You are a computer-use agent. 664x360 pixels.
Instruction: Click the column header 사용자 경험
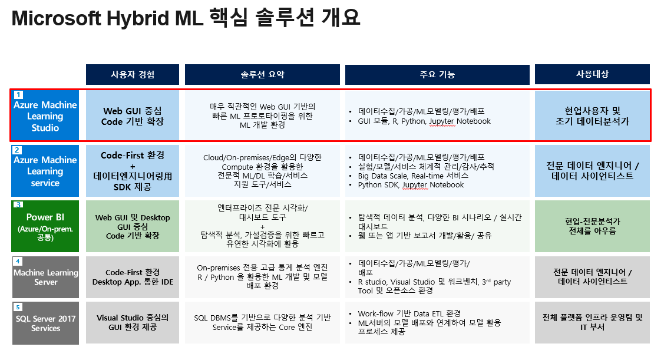pos(133,75)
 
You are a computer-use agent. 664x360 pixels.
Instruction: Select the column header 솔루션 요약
pos(263,75)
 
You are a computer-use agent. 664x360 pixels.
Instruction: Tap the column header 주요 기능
pos(437,75)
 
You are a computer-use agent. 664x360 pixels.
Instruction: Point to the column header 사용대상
pos(592,75)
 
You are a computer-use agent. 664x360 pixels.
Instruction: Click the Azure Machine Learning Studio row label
pos(45,115)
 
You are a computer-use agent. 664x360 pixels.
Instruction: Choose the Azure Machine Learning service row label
pos(45,171)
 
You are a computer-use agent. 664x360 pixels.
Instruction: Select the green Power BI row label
pos(45,226)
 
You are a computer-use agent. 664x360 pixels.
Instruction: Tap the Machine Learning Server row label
pos(46,278)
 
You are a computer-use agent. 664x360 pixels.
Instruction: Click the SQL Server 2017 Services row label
pos(46,323)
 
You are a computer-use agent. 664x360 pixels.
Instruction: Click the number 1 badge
pos(19,94)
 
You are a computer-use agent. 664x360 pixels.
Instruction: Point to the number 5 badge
pos(18,307)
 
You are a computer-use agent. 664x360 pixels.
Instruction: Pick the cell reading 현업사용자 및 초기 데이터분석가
pos(592,115)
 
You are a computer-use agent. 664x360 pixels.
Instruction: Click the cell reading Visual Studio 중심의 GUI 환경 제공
pos(133,322)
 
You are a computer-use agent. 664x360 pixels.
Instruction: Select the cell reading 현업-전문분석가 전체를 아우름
pos(592,226)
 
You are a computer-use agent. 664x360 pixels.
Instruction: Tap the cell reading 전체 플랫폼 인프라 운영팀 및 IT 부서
pos(592,322)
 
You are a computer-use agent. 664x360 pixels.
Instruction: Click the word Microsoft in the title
pos(57,18)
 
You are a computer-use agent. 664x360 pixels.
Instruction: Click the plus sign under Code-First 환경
pos(133,166)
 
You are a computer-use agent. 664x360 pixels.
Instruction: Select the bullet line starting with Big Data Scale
pos(413,176)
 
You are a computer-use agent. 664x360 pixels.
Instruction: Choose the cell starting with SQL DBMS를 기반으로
pos(263,322)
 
